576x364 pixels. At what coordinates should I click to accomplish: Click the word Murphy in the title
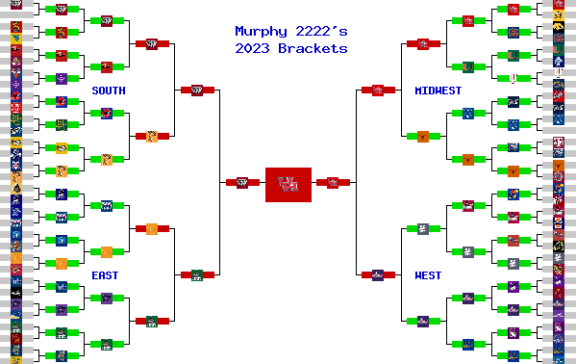260,32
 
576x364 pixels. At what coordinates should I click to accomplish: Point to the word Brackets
313,48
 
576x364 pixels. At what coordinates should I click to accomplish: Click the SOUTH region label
109,91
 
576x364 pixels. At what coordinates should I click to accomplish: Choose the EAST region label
106,275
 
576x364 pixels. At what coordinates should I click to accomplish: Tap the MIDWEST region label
438,91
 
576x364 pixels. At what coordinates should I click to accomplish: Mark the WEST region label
428,275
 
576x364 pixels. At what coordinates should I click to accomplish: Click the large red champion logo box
288,183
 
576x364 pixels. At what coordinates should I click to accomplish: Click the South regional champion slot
196,90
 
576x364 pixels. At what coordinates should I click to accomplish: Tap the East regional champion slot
196,274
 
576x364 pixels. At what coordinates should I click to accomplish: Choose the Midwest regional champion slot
378,90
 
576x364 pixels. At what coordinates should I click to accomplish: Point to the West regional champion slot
378,274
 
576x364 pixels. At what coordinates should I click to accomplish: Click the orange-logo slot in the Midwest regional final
423,136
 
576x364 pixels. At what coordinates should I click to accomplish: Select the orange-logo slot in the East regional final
152,228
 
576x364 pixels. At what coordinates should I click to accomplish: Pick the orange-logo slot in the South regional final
152,136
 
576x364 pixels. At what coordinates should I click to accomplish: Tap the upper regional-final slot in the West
423,228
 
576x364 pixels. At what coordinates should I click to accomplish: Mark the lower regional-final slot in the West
423,321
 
